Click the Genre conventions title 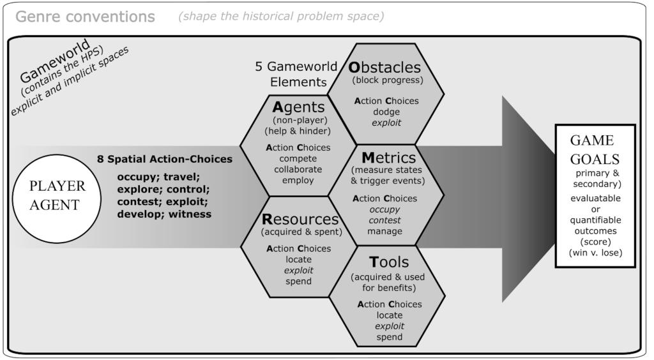85,17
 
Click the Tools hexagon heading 388,262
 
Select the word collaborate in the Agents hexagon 298,169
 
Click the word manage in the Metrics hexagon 384,231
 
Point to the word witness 190,214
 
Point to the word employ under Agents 298,180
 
